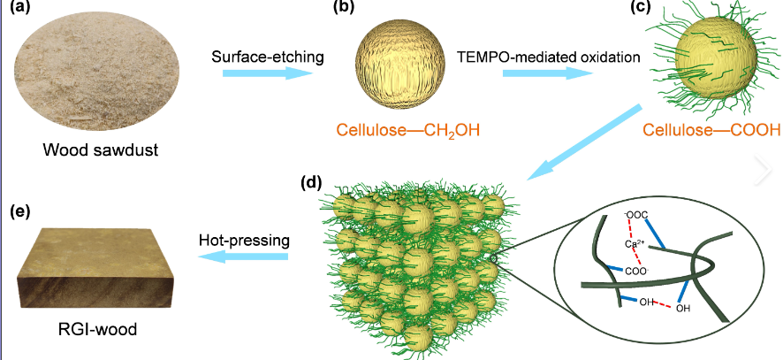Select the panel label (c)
(654, 11)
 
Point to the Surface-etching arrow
(265, 76)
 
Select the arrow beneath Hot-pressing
(243, 257)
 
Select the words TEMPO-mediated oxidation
(548, 58)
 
